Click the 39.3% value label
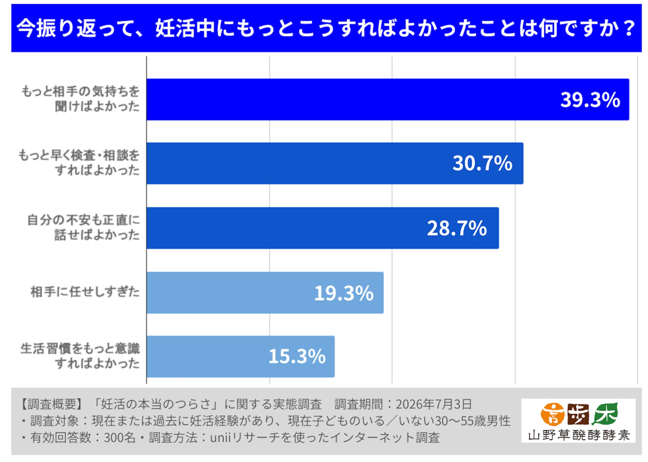pos(590,100)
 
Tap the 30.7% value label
pos(482,163)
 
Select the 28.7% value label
pos(457,228)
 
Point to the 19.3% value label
pos(344,293)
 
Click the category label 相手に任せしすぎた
pos(85,292)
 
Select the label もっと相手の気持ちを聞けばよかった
pos(80,99)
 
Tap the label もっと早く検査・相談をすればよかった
pos(79,163)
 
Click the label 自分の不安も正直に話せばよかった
pos(84,227)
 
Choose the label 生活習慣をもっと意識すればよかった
pos(80,356)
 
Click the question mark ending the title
pos(629,28)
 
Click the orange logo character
pos(552,414)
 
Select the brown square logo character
pos(578,414)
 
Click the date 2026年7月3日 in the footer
pos(434,404)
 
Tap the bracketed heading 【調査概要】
pos(51,404)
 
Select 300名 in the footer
pos(119,437)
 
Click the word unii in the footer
pos(220,437)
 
